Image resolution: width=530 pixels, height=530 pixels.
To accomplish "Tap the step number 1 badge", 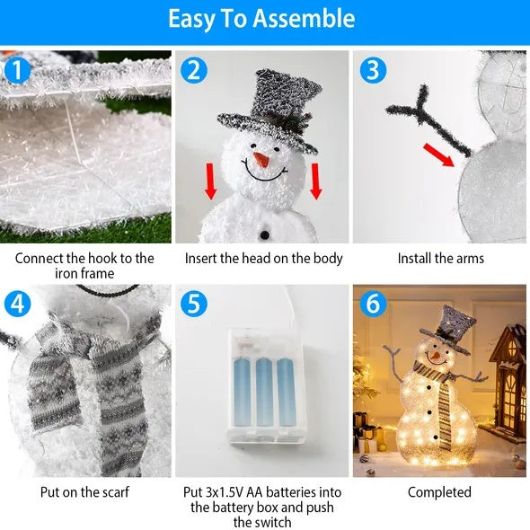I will (x=15, y=70).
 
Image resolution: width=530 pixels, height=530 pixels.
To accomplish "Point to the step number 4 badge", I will (x=15, y=304).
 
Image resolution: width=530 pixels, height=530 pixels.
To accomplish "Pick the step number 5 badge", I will (x=193, y=304).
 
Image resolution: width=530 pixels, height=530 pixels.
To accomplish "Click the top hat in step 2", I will (x=269, y=107).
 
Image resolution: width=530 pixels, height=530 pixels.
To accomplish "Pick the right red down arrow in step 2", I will (x=316, y=182).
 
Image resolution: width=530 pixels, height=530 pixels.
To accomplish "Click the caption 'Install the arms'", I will (x=440, y=259).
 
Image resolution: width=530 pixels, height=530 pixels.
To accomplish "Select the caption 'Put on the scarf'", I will (x=84, y=492).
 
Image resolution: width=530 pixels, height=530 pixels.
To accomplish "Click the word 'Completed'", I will (x=439, y=492).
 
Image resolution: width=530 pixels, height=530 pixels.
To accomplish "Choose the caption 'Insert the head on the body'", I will (x=263, y=259).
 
